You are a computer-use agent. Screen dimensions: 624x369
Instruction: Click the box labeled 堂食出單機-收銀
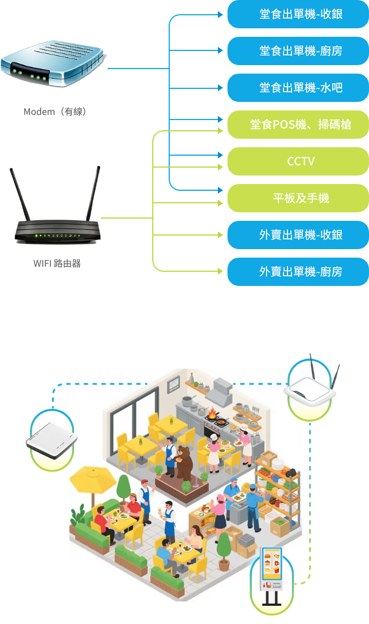click(x=298, y=14)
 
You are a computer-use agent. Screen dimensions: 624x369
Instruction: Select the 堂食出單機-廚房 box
click(x=298, y=51)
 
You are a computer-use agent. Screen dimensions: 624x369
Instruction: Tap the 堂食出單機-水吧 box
click(x=298, y=88)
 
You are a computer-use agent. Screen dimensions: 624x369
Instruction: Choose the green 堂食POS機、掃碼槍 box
click(x=298, y=125)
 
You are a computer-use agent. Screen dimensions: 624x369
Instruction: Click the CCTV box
click(x=298, y=161)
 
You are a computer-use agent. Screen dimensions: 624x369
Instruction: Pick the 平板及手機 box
click(x=298, y=198)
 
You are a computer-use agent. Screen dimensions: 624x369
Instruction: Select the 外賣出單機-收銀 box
click(x=298, y=235)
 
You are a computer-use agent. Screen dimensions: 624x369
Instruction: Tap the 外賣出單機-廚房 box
click(x=298, y=272)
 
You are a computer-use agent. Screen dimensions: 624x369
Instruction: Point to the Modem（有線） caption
click(x=54, y=112)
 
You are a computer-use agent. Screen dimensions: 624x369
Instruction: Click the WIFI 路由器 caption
click(x=57, y=263)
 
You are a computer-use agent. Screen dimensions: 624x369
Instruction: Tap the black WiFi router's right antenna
click(x=92, y=193)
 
